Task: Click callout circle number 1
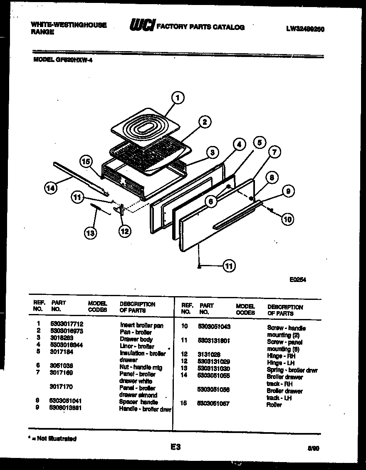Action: coord(178,98)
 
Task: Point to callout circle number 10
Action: coord(287,219)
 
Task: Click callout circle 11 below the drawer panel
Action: coord(229,265)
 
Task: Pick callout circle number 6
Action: coord(211,202)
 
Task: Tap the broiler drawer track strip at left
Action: coord(81,178)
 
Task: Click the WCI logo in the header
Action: coord(142,26)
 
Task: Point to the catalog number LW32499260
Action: coord(305,29)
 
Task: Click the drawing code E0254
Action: coord(298,280)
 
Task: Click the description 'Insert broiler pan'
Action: coord(141,326)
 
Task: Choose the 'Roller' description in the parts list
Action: coord(274,405)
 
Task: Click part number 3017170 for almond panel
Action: coord(61,386)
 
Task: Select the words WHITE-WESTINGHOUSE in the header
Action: coord(69,25)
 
